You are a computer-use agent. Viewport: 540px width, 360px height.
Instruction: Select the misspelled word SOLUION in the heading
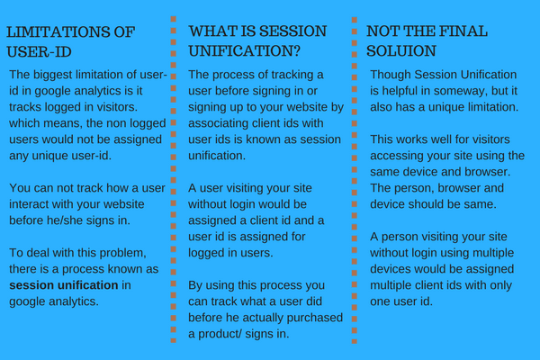pyautogui.click(x=405, y=53)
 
